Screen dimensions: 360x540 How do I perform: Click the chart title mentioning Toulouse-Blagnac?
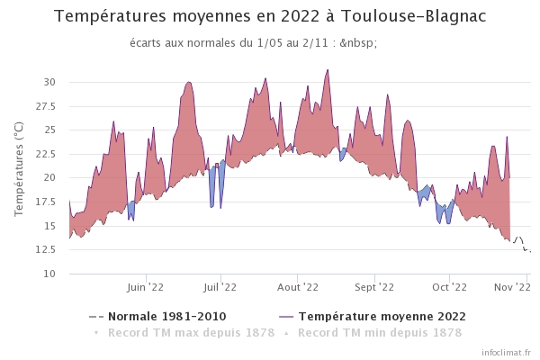pyautogui.click(x=269, y=17)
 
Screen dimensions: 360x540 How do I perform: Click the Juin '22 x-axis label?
pyautogui.click(x=145, y=287)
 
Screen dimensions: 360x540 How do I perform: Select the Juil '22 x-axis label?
pyautogui.click(x=220, y=287)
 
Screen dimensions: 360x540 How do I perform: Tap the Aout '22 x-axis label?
pyautogui.click(x=298, y=287)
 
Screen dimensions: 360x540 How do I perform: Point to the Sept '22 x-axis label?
pyautogui.click(x=374, y=287)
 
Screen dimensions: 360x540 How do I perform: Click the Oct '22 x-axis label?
pyautogui.click(x=449, y=287)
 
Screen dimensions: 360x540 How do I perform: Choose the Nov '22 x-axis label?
pyautogui.click(x=512, y=287)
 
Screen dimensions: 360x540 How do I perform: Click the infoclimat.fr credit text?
pyautogui.click(x=507, y=352)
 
